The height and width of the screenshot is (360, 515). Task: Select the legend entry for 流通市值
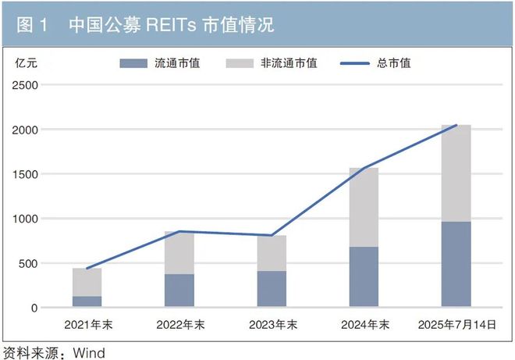(x=160, y=63)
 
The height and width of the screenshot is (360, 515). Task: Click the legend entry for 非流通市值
(x=273, y=63)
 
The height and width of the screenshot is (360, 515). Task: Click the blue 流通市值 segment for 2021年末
(x=87, y=301)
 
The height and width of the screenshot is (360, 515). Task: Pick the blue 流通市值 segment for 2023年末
(x=272, y=289)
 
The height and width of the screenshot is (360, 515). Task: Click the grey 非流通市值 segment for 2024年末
(x=364, y=208)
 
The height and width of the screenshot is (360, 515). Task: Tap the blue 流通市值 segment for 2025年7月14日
(x=456, y=264)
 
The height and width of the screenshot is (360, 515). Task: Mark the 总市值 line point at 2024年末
(x=364, y=168)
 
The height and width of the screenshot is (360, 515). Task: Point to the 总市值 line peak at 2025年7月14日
(x=456, y=125)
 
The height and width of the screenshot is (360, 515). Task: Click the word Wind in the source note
(x=89, y=352)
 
